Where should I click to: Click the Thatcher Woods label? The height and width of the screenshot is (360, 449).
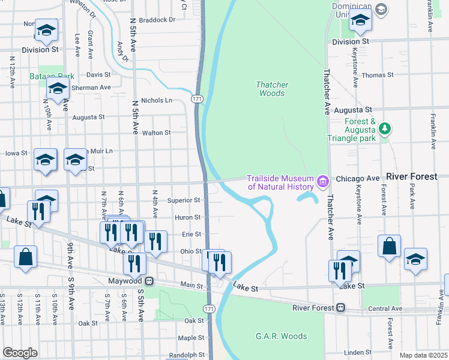(272, 89)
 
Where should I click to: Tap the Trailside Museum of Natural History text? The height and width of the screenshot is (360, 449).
(281, 182)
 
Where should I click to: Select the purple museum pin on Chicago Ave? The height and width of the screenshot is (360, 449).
(323, 181)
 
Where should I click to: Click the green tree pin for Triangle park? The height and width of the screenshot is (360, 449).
(385, 128)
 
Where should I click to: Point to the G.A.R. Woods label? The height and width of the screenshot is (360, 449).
(281, 336)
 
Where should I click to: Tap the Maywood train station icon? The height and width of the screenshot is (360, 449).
(150, 281)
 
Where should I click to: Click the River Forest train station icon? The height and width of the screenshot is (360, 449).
(340, 308)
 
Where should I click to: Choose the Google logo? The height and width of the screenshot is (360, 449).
(20, 353)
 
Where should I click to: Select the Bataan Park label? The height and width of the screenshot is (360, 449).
(52, 76)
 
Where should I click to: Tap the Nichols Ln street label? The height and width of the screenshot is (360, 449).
(156, 100)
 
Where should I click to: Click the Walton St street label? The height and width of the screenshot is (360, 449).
(155, 133)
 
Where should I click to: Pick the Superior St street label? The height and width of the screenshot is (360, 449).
(184, 200)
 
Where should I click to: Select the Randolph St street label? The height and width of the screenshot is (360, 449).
(187, 355)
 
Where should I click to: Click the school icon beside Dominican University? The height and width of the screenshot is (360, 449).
(360, 22)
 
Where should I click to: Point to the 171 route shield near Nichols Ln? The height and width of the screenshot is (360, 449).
(197, 98)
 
